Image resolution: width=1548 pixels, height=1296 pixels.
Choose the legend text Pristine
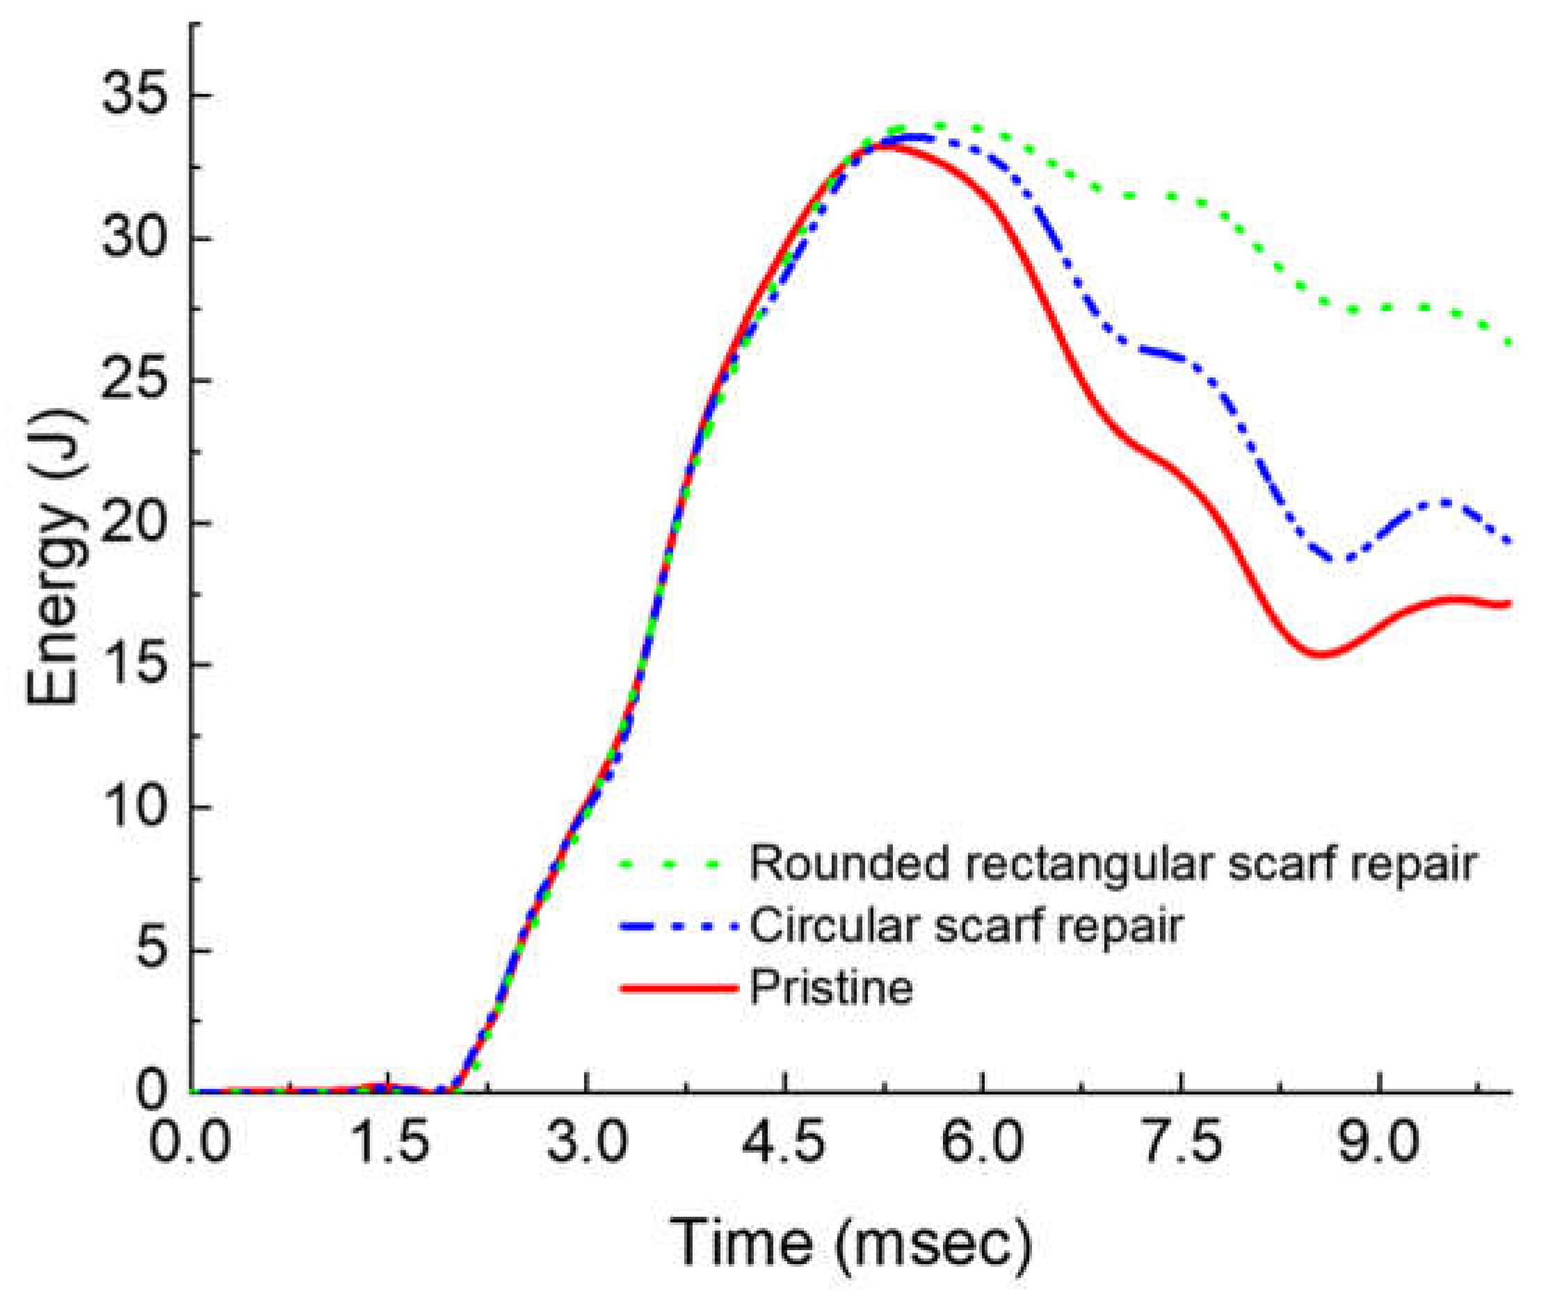click(832, 987)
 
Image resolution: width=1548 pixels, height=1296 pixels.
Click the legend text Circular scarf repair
click(966, 926)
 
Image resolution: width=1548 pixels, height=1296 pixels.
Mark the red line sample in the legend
click(678, 988)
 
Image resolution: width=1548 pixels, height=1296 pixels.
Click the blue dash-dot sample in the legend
click(678, 927)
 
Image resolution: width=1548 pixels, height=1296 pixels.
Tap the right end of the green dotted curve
click(1508, 343)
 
